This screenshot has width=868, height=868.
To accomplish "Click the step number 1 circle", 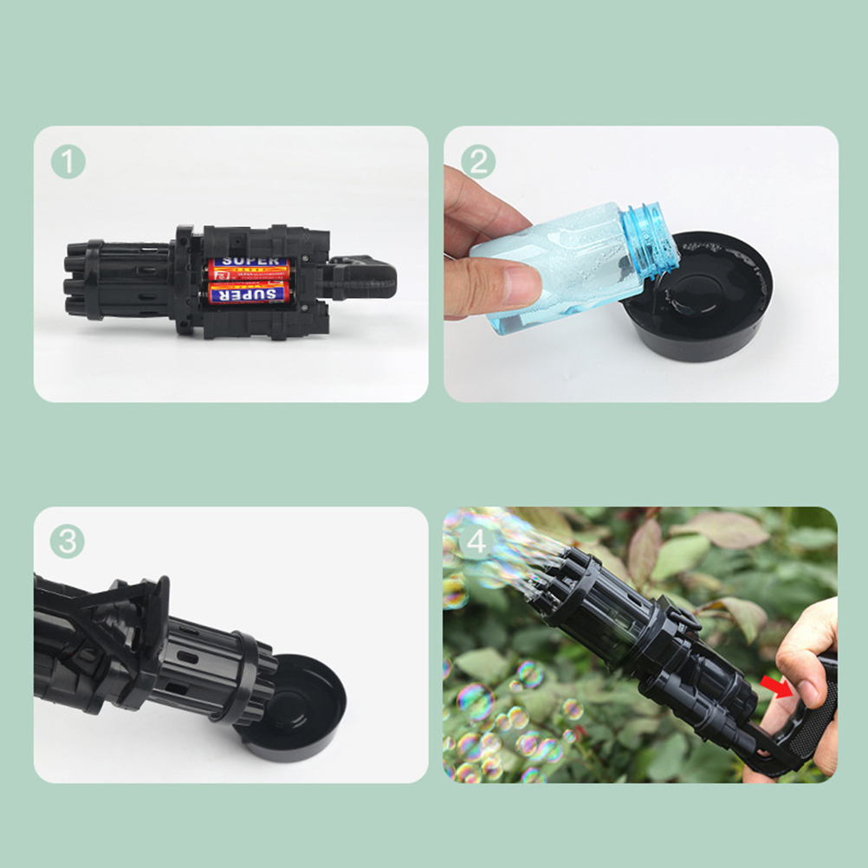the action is [68, 162].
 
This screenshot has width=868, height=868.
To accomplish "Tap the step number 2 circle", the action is [478, 162].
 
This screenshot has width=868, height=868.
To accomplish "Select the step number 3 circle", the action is [68, 541].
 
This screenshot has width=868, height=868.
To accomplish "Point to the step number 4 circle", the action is [476, 542].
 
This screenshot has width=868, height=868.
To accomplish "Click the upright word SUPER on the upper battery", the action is [250, 262].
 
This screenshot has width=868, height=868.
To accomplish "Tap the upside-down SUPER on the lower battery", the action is [249, 294].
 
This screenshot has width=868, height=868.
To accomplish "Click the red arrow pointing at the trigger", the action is [776, 686].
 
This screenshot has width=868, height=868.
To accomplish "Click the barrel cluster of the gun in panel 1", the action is [119, 280].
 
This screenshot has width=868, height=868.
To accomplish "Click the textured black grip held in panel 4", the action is [813, 714].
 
